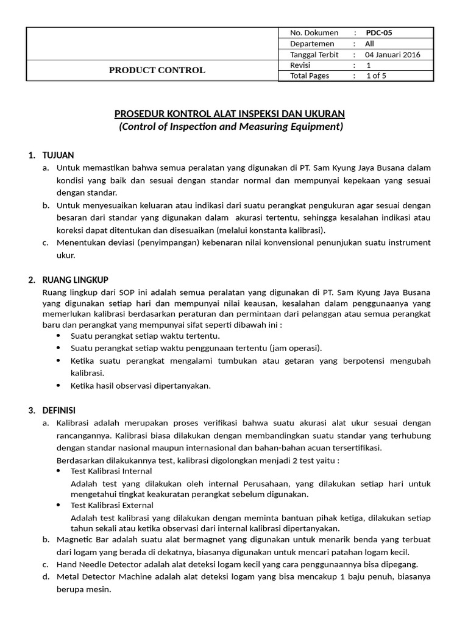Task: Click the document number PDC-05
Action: [383, 33]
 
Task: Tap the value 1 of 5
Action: [375, 76]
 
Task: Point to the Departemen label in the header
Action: [312, 44]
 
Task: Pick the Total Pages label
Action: [310, 76]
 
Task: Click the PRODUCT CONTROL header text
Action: [157, 70]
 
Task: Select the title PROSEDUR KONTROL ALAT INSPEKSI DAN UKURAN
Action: [230, 114]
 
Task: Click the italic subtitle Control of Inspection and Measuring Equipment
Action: [230, 127]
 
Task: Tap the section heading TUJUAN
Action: [58, 155]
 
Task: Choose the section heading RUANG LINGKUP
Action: [74, 280]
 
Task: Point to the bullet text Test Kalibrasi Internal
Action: [112, 471]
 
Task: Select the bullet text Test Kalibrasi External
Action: [112, 505]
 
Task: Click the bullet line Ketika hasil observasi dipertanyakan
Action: [141, 386]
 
